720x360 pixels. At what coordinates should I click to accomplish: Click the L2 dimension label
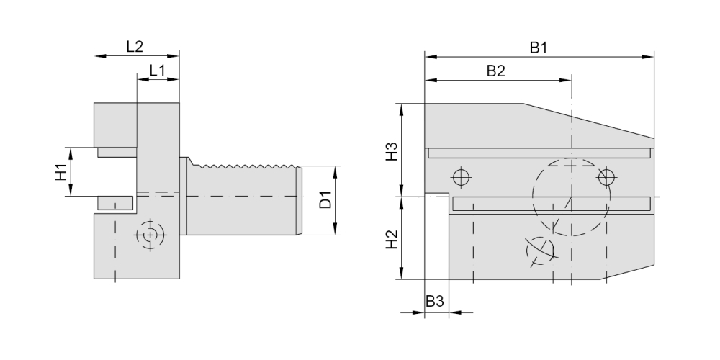coord(135,46)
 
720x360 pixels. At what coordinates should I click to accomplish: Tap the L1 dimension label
coord(158,71)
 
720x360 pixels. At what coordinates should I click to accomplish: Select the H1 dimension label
coord(61,172)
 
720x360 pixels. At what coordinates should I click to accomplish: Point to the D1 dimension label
coord(325,199)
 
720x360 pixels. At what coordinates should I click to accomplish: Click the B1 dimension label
coord(539,48)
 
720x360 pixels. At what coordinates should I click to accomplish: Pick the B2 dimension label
coord(496,71)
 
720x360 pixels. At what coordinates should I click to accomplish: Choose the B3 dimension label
coord(435,301)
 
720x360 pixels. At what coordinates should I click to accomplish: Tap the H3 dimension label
coord(391,151)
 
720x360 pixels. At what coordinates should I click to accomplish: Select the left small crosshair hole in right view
coord(462,177)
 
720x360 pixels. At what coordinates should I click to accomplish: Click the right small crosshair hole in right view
coord(606,177)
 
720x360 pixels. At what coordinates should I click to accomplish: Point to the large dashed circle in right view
coord(571,197)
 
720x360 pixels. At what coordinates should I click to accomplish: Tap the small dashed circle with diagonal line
coord(541,251)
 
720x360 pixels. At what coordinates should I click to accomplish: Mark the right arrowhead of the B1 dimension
coord(648,57)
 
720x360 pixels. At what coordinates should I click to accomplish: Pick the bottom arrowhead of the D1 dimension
coord(336,229)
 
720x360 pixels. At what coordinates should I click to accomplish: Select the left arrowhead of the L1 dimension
coord(143,79)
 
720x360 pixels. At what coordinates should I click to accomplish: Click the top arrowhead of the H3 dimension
coord(402,109)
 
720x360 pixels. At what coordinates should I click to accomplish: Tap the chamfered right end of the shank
coord(300,200)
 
